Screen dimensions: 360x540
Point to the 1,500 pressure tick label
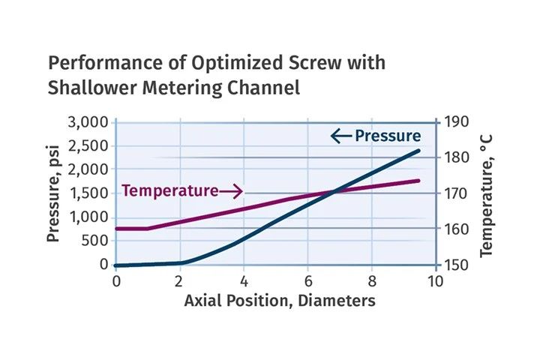tap(89, 193)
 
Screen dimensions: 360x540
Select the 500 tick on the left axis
tap(95, 241)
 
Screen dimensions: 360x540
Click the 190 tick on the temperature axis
tap(456, 122)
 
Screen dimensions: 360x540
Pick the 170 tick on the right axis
tap(456, 193)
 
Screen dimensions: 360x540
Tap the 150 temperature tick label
tap(456, 265)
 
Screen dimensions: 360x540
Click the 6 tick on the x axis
tap(308, 282)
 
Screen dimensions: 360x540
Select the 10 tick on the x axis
tap(435, 282)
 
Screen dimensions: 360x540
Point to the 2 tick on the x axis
tap(180, 282)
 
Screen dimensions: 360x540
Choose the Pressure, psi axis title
tap(53, 193)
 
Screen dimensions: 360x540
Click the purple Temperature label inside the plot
tap(169, 190)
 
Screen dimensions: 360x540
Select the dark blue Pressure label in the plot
tap(388, 136)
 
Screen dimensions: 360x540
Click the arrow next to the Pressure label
tap(341, 136)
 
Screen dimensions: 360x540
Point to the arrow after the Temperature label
tap(231, 191)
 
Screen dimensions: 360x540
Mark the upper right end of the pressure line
tap(418, 151)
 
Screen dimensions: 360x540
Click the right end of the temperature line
tap(418, 181)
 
